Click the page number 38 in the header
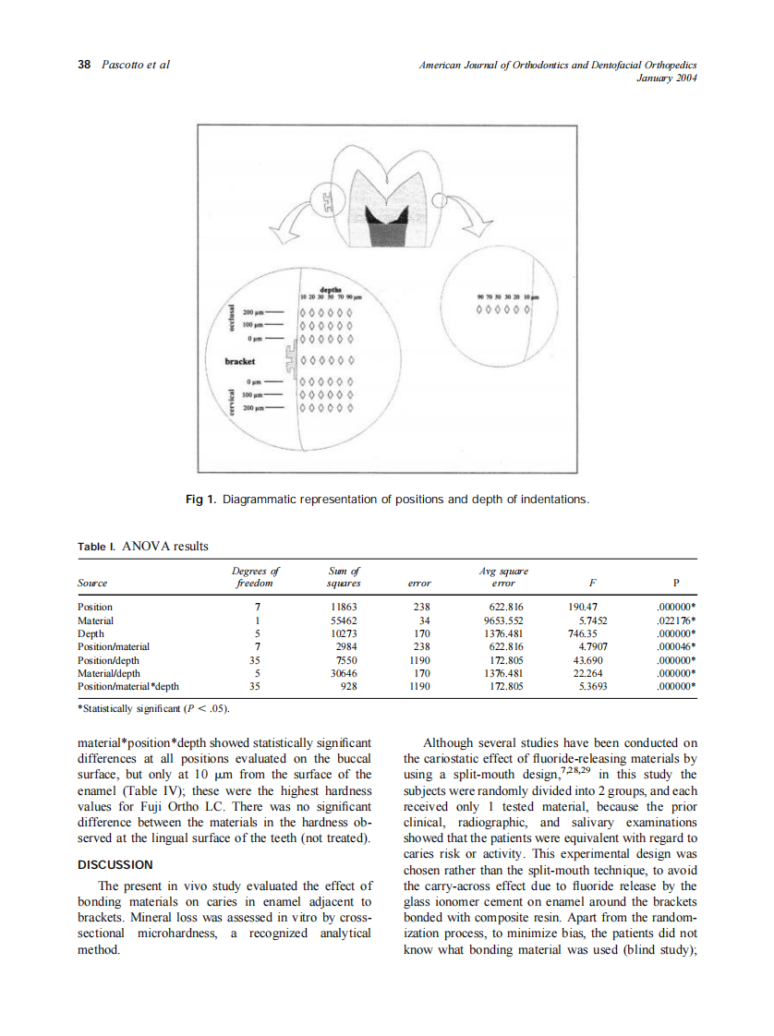(83, 65)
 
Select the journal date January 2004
(666, 78)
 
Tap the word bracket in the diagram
(240, 361)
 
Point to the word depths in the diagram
(331, 290)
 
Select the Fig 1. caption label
(200, 500)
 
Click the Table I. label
(96, 547)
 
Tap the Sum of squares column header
(344, 577)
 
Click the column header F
(591, 584)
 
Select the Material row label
(94, 620)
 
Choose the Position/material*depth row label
(128, 687)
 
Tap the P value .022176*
(675, 620)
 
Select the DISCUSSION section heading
(115, 865)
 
